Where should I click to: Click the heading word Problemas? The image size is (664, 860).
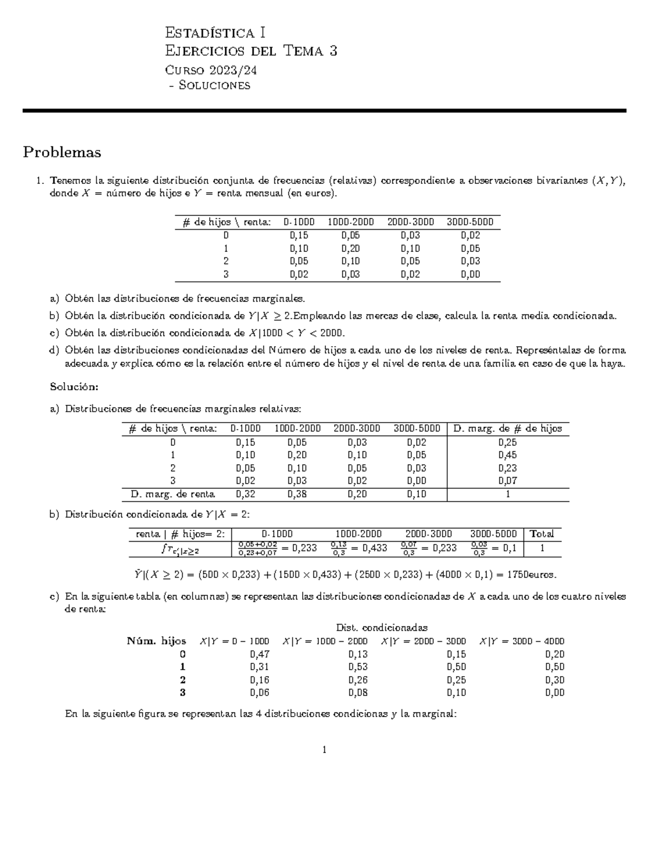pyautogui.click(x=62, y=152)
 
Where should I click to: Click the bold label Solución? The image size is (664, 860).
pyautogui.click(x=74, y=386)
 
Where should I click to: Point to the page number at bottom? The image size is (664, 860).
pyautogui.click(x=324, y=750)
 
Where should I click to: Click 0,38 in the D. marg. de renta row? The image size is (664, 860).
pyautogui.click(x=297, y=495)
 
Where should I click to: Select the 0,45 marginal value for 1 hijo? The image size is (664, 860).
pyautogui.click(x=507, y=455)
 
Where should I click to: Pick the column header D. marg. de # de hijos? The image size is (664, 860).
pyautogui.click(x=507, y=429)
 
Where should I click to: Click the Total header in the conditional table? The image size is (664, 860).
pyautogui.click(x=542, y=534)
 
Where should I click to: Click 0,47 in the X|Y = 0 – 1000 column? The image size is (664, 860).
pyautogui.click(x=260, y=654)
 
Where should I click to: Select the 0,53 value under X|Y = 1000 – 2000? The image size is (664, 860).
pyautogui.click(x=358, y=667)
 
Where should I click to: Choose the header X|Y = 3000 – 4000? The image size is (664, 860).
pyautogui.click(x=521, y=641)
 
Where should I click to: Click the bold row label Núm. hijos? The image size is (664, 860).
pyautogui.click(x=157, y=641)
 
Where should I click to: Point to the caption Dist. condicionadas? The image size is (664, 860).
pyautogui.click(x=382, y=628)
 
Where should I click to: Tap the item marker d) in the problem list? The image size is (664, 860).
pyautogui.click(x=54, y=351)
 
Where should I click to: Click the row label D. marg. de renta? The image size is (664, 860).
pyautogui.click(x=173, y=495)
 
